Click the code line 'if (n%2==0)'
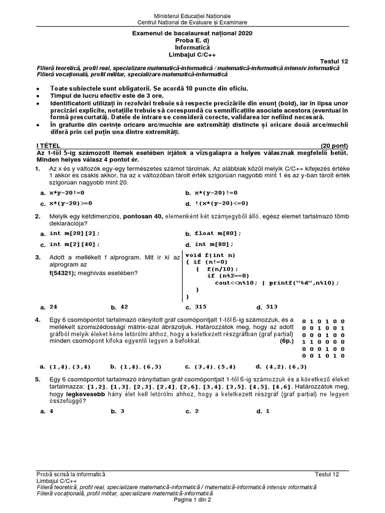click(x=228, y=276)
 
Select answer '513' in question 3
click(x=272, y=307)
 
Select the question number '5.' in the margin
click(x=38, y=380)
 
